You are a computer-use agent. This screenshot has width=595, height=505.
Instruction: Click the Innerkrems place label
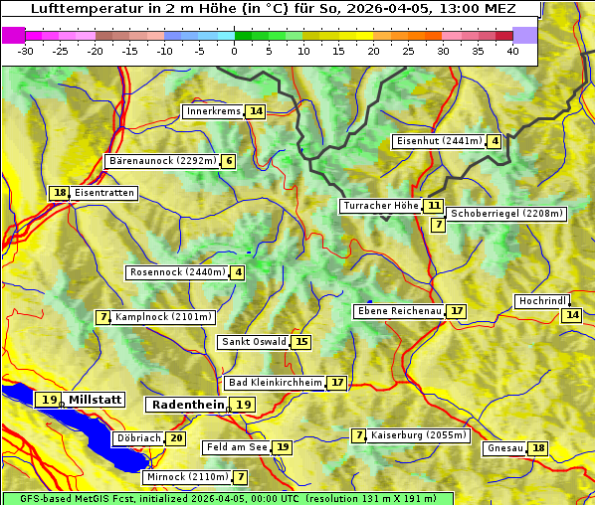(x=213, y=111)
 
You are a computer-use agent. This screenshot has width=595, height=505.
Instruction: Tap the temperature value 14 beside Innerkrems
(x=257, y=111)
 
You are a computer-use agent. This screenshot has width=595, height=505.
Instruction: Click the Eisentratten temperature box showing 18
(x=60, y=193)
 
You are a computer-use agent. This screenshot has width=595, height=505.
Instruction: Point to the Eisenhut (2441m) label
(x=439, y=141)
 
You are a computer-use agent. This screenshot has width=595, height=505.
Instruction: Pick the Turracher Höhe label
(x=380, y=207)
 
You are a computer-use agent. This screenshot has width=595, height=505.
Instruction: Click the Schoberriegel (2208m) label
(x=507, y=214)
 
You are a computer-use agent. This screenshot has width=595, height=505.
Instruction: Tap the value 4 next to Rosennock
(x=238, y=272)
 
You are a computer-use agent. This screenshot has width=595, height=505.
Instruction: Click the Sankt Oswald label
(x=253, y=343)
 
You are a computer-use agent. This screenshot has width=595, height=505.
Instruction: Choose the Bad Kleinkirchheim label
(x=275, y=383)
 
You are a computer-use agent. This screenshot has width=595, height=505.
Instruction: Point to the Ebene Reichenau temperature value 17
(x=456, y=311)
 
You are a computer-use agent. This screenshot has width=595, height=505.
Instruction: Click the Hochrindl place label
(x=542, y=301)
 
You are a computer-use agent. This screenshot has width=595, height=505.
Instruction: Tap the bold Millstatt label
(x=96, y=400)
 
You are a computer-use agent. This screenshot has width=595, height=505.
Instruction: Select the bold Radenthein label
(x=188, y=405)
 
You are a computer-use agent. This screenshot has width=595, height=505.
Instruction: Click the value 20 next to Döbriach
(x=176, y=438)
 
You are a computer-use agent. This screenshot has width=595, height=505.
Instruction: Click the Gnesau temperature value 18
(x=538, y=448)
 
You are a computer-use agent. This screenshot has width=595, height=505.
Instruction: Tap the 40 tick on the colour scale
(x=512, y=50)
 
